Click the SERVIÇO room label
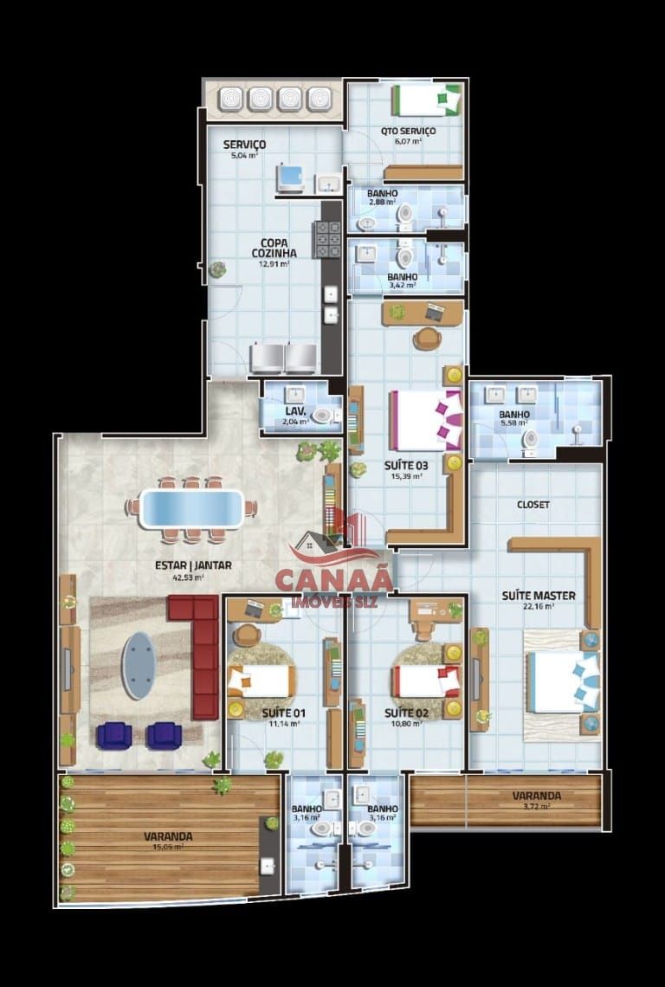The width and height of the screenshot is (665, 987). coord(244,144)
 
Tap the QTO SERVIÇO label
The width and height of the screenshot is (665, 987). coord(408,132)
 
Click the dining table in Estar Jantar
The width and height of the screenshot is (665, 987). coord(191,508)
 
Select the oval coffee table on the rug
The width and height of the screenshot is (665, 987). coord(138,665)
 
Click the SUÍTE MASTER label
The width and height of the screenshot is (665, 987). coord(527,596)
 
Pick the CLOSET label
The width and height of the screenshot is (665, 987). coord(533,505)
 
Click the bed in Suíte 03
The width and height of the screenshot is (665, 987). coord(424,420)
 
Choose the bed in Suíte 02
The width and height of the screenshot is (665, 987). coord(424,681)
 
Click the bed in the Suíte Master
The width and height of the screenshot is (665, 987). coord(562,681)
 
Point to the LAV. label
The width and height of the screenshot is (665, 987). coord(296,411)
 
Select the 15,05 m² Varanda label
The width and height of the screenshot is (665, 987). coord(168,837)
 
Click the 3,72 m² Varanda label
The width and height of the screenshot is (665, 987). coord(536,796)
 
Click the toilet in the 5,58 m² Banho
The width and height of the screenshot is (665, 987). coord(529,441)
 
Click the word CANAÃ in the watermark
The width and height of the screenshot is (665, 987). coord(333,581)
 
